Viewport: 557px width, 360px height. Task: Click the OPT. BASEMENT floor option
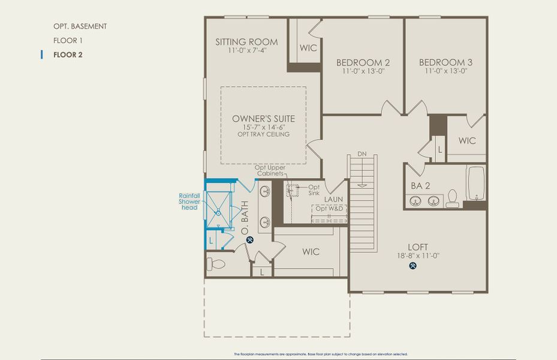point(80,26)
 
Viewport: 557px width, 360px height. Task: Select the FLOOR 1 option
point(67,41)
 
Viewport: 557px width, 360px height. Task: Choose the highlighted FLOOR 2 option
point(68,55)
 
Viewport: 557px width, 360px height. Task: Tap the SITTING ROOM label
point(246,42)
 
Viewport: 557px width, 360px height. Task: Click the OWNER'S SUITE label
point(263,119)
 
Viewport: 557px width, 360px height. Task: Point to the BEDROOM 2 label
point(363,62)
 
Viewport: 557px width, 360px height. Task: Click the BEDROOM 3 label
point(445,62)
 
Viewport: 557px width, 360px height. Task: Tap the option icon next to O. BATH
point(250,239)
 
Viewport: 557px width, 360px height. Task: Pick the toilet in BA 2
point(453,199)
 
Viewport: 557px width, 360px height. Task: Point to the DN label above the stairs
point(362,154)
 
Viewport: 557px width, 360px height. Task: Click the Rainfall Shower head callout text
point(189,202)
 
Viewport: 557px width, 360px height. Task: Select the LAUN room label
point(333,199)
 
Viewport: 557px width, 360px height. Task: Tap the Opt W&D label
point(329,209)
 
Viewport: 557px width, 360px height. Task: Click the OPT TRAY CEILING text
point(263,134)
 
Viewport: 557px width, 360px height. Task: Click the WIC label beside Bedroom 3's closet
point(467,140)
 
